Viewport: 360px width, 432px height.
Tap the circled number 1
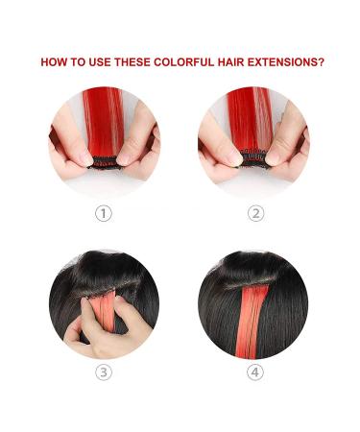(x=104, y=214)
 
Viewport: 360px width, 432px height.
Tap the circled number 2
(x=255, y=214)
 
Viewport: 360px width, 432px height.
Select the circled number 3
(x=104, y=372)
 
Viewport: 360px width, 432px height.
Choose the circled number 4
(x=255, y=372)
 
